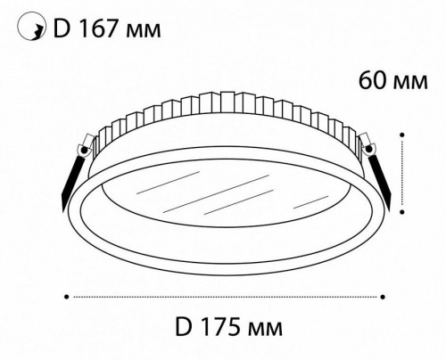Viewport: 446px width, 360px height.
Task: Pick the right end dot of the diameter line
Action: coord(383,295)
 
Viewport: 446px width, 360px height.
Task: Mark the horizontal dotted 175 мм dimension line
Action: coord(226,295)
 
